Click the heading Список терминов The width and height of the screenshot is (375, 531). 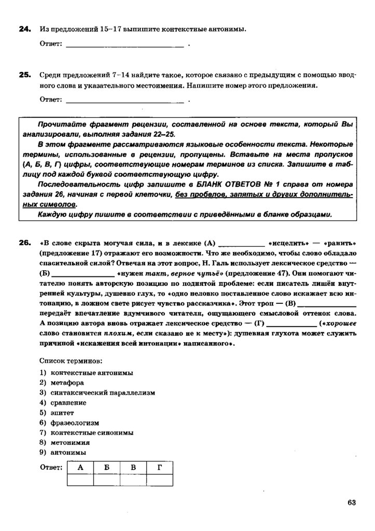click(71, 359)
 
